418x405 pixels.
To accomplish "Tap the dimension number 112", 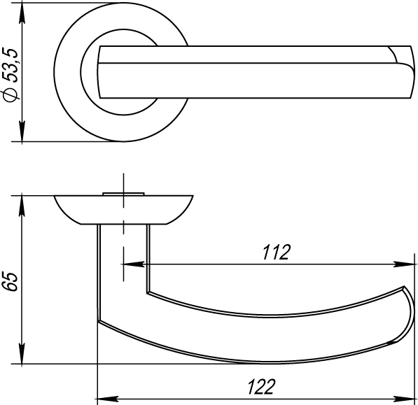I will (x=276, y=253).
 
